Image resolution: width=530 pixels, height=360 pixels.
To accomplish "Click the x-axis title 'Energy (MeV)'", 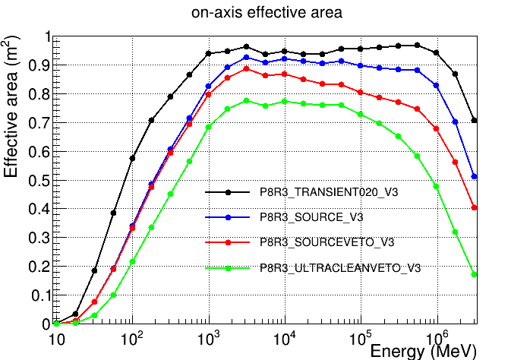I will (x=423, y=351).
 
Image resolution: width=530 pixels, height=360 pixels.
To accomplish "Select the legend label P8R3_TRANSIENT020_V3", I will (x=329, y=193).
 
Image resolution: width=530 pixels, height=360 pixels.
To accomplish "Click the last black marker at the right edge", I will (x=475, y=120).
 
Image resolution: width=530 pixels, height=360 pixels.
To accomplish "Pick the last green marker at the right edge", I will (x=475, y=274).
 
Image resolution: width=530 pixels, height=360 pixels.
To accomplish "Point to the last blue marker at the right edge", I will (x=475, y=176).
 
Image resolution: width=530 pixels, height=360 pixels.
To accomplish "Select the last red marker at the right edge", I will (x=475, y=207).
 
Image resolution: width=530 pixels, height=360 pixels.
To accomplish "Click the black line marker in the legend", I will (x=228, y=193).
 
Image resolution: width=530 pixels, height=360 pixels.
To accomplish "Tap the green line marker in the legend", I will (x=228, y=267).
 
